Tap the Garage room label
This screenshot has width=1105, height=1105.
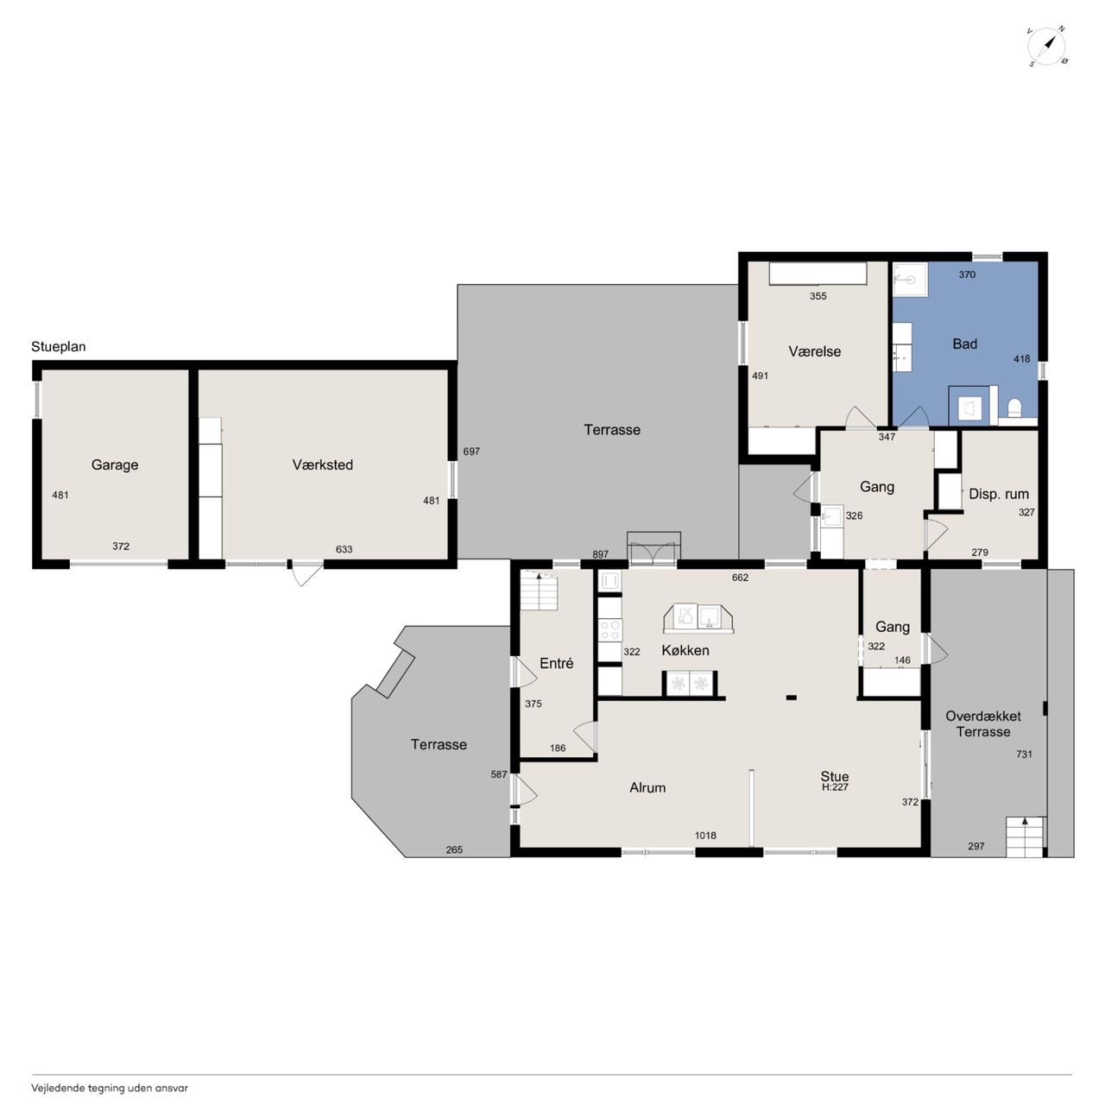click(x=115, y=464)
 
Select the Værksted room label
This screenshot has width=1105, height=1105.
click(x=322, y=464)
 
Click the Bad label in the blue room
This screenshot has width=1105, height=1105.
click(x=964, y=344)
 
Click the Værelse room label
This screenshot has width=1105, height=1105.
click(x=814, y=351)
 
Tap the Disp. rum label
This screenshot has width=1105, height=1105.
click(x=998, y=494)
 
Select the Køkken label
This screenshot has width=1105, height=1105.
click(x=685, y=650)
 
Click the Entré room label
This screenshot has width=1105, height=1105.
click(x=556, y=663)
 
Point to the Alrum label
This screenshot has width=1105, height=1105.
click(x=647, y=787)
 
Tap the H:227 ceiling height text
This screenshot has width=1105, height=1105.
click(x=834, y=787)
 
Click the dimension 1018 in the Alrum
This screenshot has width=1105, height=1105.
click(x=705, y=836)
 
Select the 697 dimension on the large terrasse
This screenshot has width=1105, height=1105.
click(x=471, y=451)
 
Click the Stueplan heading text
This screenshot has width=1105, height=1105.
click(x=59, y=347)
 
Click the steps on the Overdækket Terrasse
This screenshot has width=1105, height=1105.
click(x=1025, y=837)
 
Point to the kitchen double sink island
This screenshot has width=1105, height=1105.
click(x=698, y=618)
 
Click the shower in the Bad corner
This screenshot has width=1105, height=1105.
click(x=910, y=279)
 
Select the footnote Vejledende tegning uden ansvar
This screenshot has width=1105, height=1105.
click(x=110, y=1088)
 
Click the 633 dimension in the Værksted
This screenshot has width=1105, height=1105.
click(x=344, y=549)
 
